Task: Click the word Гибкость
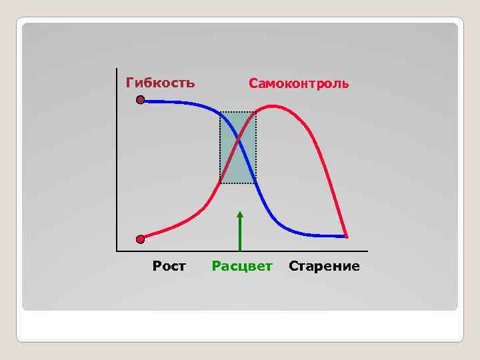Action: pyautogui.click(x=161, y=83)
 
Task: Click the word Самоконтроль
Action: pyautogui.click(x=299, y=84)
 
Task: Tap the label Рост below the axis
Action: pyautogui.click(x=169, y=267)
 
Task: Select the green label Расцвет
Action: pyautogui.click(x=242, y=267)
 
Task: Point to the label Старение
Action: pyautogui.click(x=324, y=267)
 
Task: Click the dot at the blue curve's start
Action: pyautogui.click(x=140, y=101)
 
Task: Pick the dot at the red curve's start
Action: pyautogui.click(x=140, y=239)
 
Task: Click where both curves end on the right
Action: pyautogui.click(x=347, y=236)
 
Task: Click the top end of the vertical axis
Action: pyautogui.click(x=116, y=69)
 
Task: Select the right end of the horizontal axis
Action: pyautogui.click(x=367, y=251)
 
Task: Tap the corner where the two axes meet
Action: pyautogui.click(x=116, y=251)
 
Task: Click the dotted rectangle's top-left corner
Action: pyautogui.click(x=221, y=112)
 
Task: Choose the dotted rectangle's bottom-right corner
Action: pyautogui.click(x=256, y=183)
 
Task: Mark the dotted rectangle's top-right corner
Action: pyautogui.click(x=256, y=112)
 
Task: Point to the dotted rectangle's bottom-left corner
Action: pyautogui.click(x=221, y=183)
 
